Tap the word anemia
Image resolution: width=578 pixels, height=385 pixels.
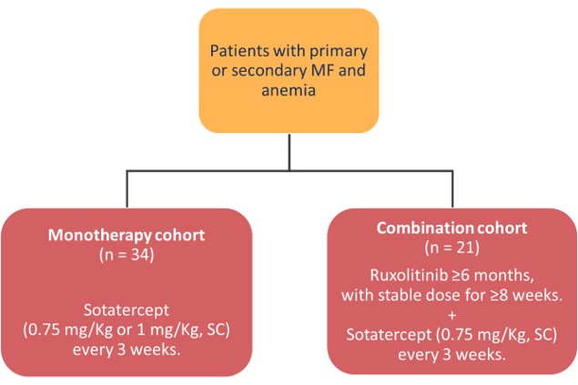coord(289,90)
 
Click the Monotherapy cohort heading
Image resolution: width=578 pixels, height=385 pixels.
coord(127,235)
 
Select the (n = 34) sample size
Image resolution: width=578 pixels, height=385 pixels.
coord(127,255)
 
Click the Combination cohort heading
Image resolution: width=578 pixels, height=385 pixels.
coord(451,228)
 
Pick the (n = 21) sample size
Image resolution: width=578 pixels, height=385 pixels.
coord(451,248)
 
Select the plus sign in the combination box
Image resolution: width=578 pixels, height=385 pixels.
coord(451,315)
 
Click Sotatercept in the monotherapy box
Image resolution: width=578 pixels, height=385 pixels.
coord(127,310)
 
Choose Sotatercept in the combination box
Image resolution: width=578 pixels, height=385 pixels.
coord(389,335)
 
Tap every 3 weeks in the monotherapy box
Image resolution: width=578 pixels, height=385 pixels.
coord(127,350)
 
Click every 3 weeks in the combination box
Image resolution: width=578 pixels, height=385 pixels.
coord(451,355)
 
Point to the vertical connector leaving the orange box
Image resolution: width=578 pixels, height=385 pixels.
coord(289,152)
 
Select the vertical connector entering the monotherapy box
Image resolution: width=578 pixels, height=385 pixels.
coord(127,189)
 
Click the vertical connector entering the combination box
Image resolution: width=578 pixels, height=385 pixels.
coord(452,189)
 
